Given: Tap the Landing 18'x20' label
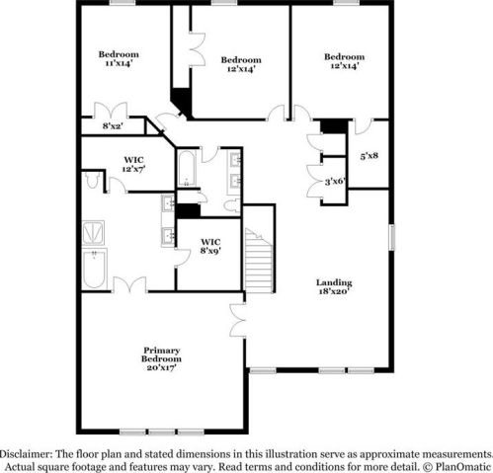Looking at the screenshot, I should [334, 287].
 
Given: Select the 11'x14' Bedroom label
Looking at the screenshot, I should [118, 59].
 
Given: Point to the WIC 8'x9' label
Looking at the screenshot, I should [210, 247].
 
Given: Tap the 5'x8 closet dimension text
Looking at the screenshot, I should [369, 156].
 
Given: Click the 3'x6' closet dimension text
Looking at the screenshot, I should [335, 183].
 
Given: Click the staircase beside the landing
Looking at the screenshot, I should [259, 255].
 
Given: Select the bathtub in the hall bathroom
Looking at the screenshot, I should [188, 169].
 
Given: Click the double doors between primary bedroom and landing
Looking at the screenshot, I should [238, 322].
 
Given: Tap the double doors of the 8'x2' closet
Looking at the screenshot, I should [110, 111].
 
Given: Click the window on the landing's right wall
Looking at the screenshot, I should [392, 237].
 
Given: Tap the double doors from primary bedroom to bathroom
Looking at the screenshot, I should [128, 285].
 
